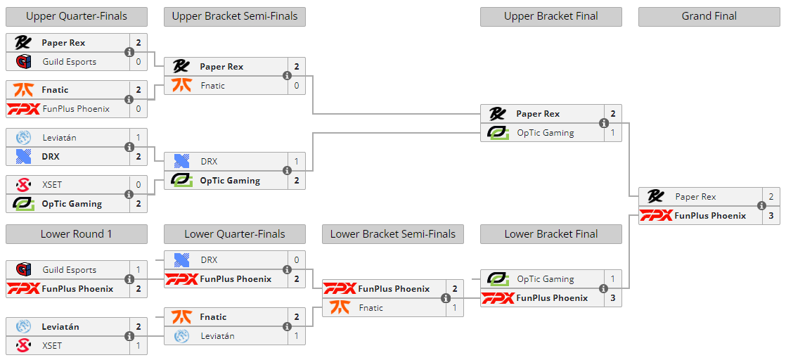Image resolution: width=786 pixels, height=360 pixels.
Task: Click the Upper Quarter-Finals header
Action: tap(76, 16)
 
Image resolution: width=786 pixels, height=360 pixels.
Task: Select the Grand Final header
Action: tap(709, 16)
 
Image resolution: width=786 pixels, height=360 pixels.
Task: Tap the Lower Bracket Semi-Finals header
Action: tap(392, 234)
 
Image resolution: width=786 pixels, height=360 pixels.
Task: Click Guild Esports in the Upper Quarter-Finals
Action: tap(69, 62)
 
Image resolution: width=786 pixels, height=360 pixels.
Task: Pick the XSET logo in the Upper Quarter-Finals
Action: tap(23, 185)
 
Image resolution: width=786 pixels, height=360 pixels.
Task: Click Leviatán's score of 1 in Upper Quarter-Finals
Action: tap(138, 138)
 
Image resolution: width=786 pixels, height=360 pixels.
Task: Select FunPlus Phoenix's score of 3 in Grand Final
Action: tap(771, 216)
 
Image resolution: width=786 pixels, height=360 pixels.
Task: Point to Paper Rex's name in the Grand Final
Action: tap(695, 197)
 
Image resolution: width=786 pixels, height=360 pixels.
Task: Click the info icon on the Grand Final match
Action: tap(761, 206)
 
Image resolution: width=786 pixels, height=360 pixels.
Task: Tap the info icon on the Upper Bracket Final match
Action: tap(603, 123)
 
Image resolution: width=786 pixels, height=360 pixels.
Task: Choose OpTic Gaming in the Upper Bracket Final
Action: tap(545, 133)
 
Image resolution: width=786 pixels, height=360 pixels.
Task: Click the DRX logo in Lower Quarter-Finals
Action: tap(181, 260)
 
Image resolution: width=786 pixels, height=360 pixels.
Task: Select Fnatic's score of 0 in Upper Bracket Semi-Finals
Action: tap(297, 86)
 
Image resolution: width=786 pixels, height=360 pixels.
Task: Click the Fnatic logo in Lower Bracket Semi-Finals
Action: tap(340, 307)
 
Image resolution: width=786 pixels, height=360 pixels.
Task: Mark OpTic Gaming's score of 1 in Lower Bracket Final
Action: tap(612, 279)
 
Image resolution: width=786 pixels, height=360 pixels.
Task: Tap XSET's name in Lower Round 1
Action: tap(51, 346)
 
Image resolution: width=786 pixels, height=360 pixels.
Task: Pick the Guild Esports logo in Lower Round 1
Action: tap(23, 270)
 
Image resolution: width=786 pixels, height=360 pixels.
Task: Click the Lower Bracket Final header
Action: tap(550, 234)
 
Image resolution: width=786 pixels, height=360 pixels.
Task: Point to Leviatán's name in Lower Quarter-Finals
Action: tap(217, 336)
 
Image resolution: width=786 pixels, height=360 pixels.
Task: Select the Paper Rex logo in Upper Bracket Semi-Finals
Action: tap(181, 67)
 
